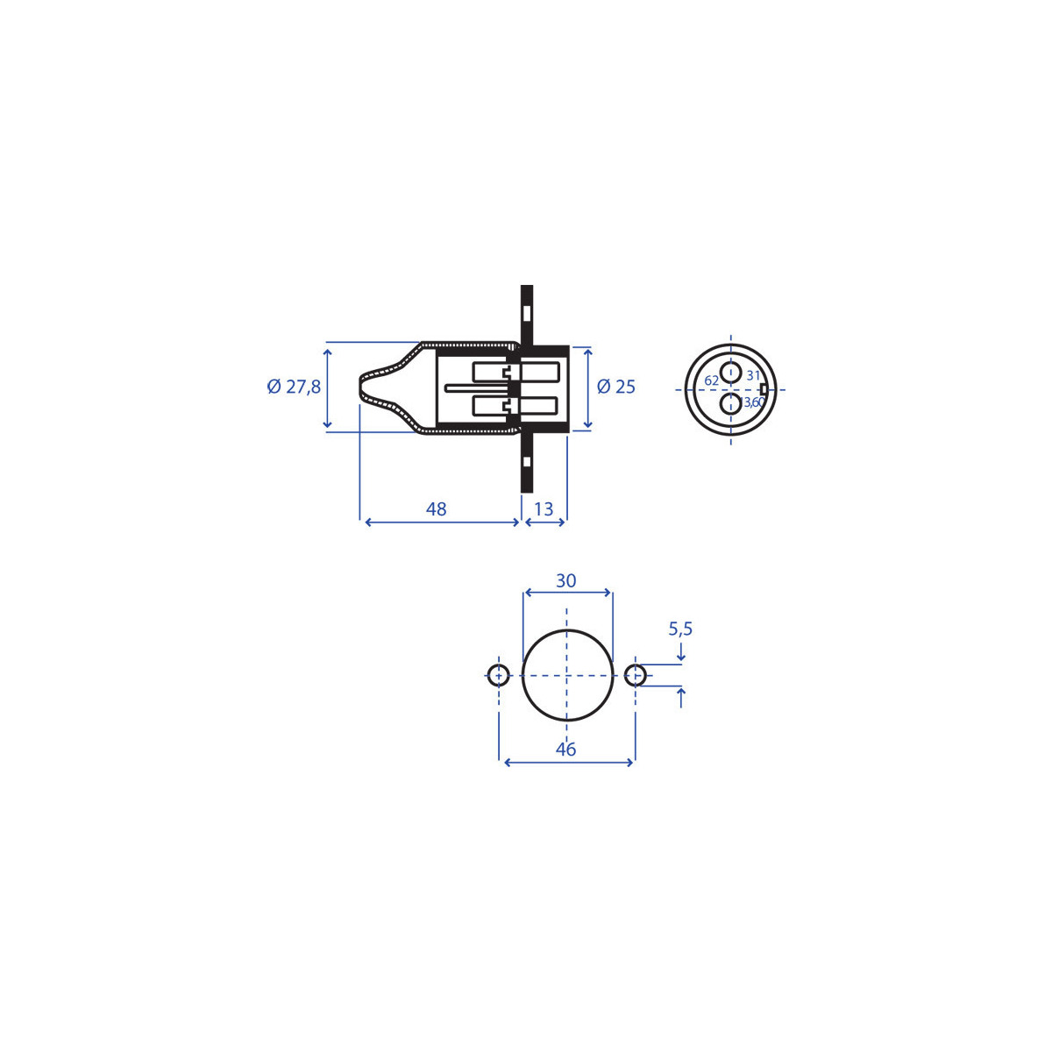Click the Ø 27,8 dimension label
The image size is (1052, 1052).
[294, 387]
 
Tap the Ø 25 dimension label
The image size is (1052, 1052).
[616, 387]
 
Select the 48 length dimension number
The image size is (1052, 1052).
[437, 508]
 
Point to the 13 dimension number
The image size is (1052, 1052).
[544, 508]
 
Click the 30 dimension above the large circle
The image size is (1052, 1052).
[566, 580]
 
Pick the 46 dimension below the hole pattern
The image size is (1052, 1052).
[566, 749]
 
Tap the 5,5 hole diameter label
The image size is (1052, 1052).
[680, 629]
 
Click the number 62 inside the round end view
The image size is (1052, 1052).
[711, 380]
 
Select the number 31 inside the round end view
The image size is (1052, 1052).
[753, 375]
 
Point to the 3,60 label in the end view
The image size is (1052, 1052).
[754, 402]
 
